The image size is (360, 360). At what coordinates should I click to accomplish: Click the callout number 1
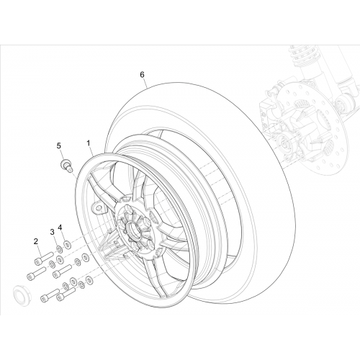pyautogui.click(x=89, y=143)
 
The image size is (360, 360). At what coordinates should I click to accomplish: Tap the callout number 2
pyautogui.click(x=36, y=241)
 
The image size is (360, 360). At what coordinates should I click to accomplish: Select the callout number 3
pyautogui.click(x=52, y=232)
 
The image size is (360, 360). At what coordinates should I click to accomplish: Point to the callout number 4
pyautogui.click(x=60, y=228)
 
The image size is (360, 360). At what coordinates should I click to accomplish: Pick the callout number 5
pyautogui.click(x=59, y=145)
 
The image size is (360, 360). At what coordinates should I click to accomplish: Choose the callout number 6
pyautogui.click(x=142, y=75)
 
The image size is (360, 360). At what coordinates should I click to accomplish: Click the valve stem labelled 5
pyautogui.click(x=66, y=166)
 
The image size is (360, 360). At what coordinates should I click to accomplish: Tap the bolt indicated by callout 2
pyautogui.click(x=44, y=258)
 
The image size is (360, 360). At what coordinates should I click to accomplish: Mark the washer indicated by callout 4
pyautogui.click(x=67, y=245)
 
